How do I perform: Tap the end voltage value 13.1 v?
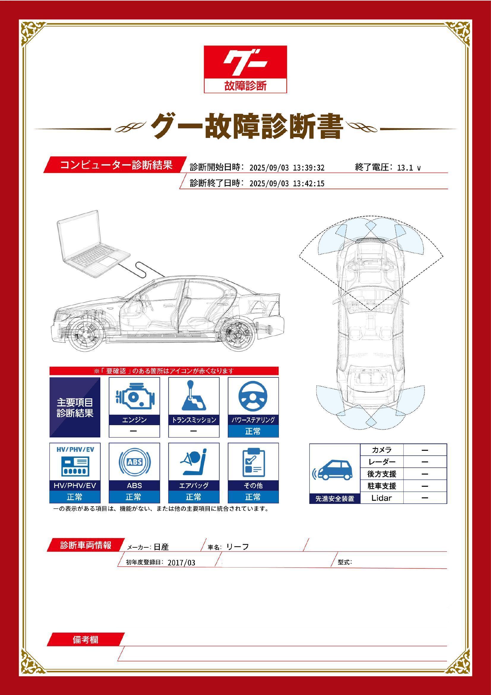point(409,168)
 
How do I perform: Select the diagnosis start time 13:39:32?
point(309,168)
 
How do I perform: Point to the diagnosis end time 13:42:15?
point(309,183)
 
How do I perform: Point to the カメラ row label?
point(381,450)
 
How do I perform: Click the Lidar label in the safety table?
point(381,498)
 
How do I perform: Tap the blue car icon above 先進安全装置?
point(334,471)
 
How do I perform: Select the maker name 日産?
point(161,547)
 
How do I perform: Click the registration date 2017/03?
point(181,563)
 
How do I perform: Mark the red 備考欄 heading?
point(85,640)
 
